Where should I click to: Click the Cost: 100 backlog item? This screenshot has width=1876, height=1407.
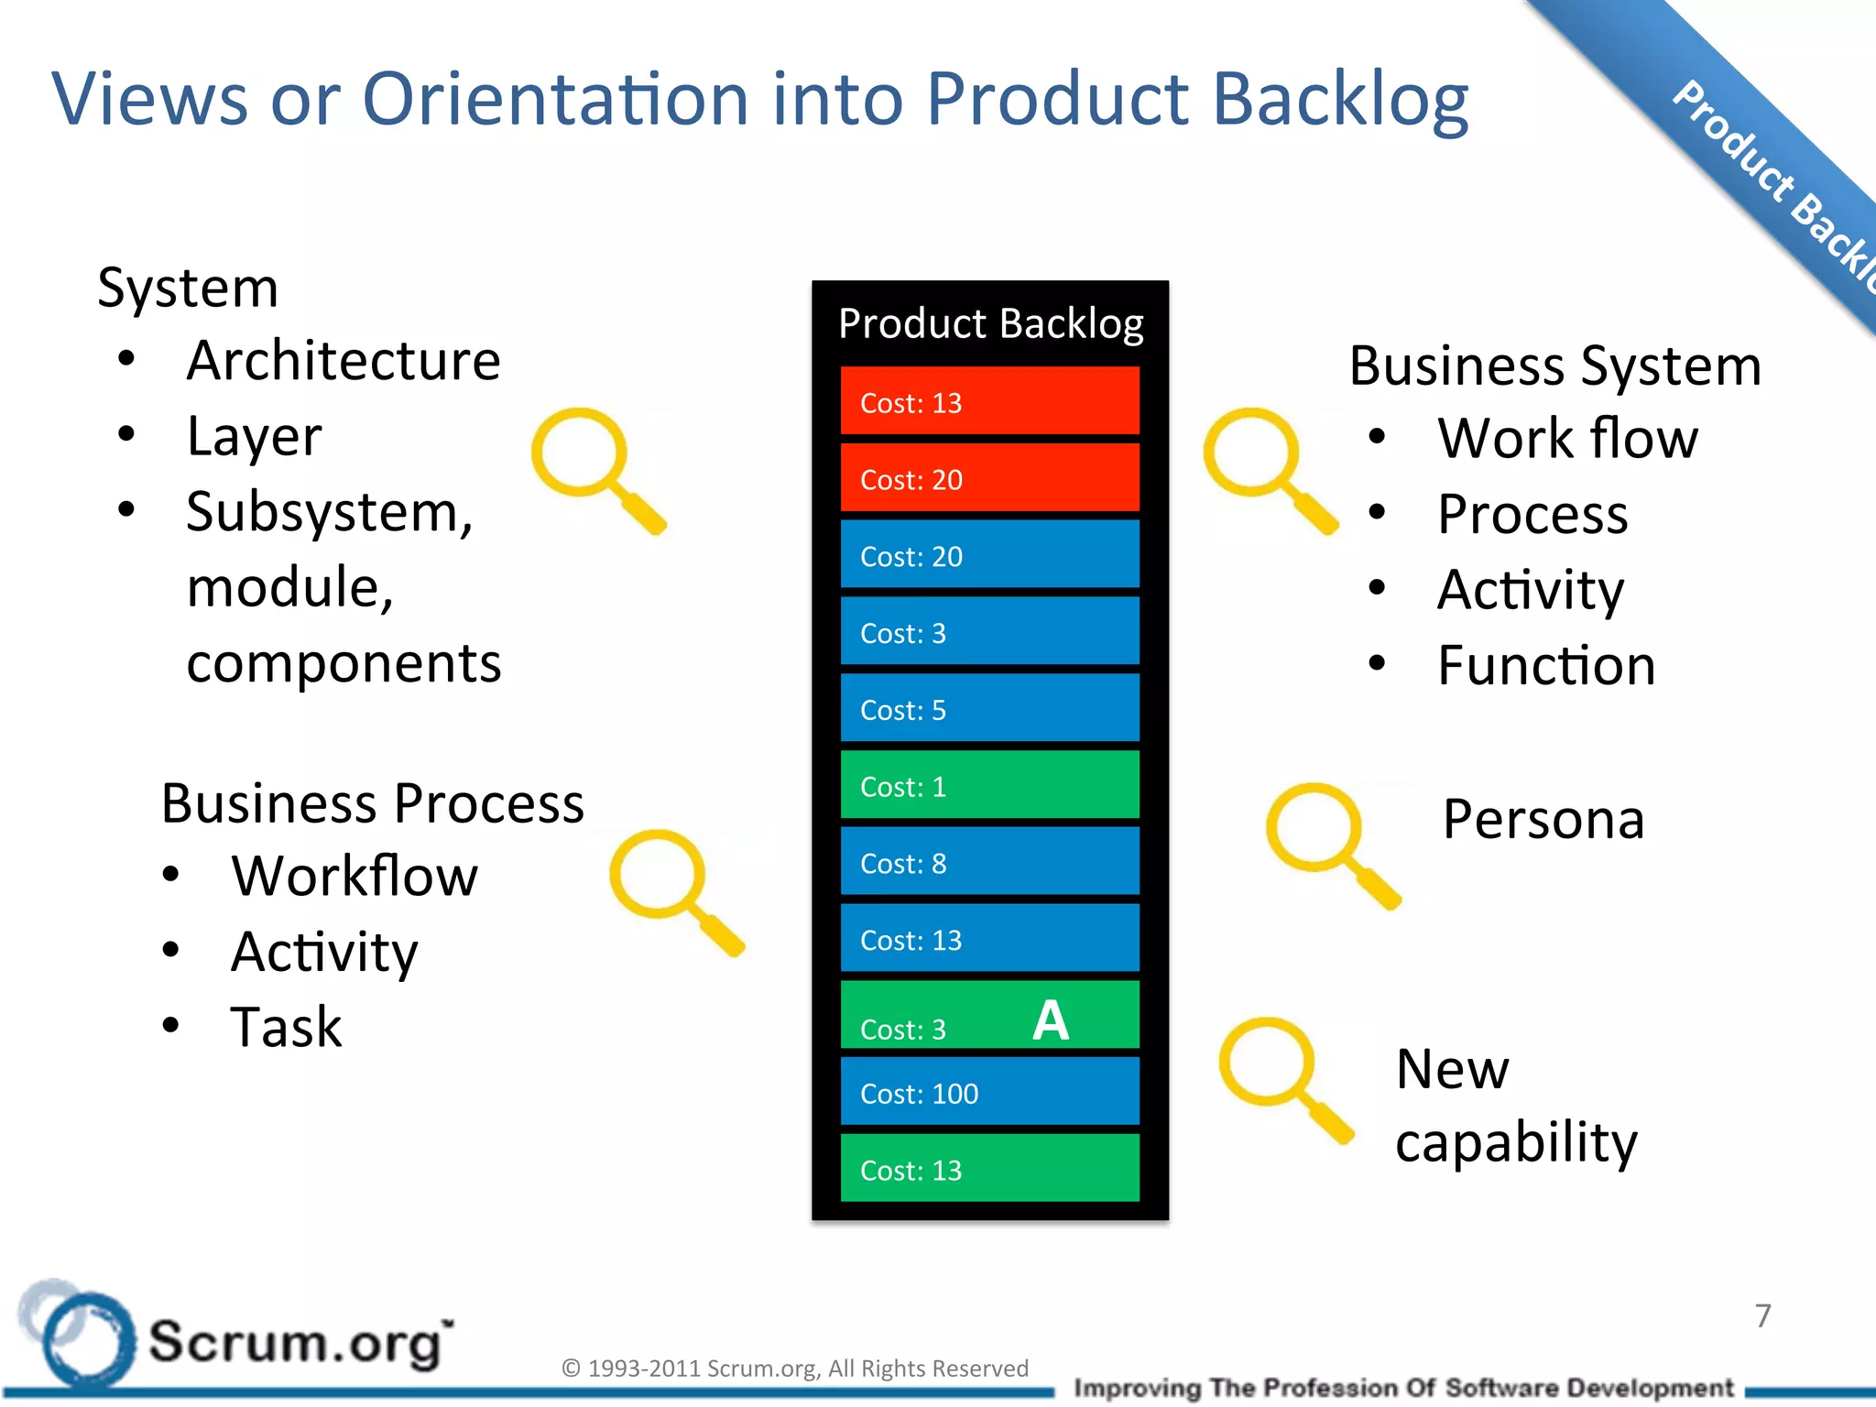pyautogui.click(x=989, y=1092)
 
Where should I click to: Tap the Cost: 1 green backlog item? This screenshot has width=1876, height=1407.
pyautogui.click(x=989, y=785)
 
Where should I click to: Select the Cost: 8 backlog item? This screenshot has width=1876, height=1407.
pyautogui.click(x=989, y=862)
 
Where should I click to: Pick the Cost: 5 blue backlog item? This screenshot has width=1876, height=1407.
pyautogui.click(x=989, y=708)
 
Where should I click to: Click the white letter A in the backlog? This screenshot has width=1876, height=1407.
pyautogui.click(x=1051, y=1020)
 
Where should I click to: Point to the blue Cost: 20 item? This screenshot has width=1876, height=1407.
pyautogui.click(x=989, y=555)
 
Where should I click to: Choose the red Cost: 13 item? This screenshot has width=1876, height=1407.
pyautogui.click(x=989, y=401)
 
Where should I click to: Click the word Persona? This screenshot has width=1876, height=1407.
pyautogui.click(x=1543, y=819)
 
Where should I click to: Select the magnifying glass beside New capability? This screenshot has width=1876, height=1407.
pyautogui.click(x=1282, y=1077)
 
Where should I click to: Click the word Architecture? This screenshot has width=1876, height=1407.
pyautogui.click(x=344, y=360)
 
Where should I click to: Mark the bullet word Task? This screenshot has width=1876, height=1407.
pyautogui.click(x=286, y=1027)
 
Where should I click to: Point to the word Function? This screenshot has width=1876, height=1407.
pyautogui.click(x=1546, y=665)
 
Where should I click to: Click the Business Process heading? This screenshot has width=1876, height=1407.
pyautogui.click(x=372, y=803)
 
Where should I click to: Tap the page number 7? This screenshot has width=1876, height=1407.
pyautogui.click(x=1762, y=1315)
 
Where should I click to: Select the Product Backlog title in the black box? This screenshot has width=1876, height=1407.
pyautogui.click(x=990, y=323)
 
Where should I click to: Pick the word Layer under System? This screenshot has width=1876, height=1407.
pyautogui.click(x=254, y=436)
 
